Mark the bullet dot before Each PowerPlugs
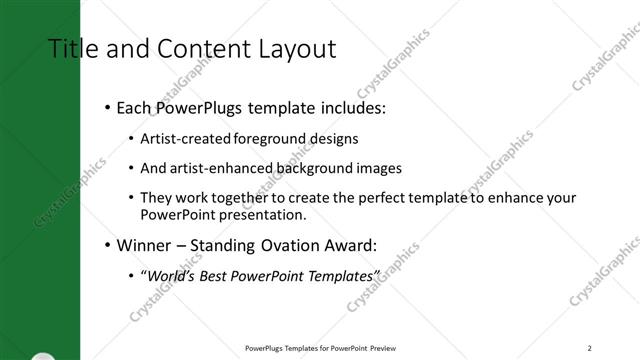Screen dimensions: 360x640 click(x=106, y=107)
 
